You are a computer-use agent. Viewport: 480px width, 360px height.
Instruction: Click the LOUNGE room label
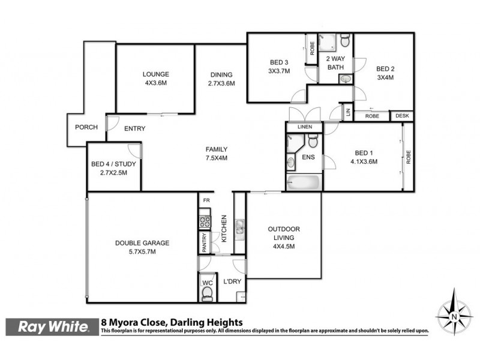coord(155,78)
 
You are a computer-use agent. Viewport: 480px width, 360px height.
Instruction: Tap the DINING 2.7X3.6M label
coord(221,79)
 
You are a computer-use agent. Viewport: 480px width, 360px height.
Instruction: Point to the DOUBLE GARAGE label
coord(142,247)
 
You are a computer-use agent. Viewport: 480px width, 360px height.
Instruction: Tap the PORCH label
coord(86,127)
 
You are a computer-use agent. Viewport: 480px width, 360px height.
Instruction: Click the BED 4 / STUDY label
coord(114,168)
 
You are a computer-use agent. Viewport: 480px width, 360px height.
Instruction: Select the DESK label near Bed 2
coord(401,116)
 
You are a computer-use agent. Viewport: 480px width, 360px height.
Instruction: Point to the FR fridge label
coord(206,200)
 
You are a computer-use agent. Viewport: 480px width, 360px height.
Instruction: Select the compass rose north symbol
coord(454,313)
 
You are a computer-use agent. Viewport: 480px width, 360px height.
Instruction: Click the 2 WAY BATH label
coord(335,63)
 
